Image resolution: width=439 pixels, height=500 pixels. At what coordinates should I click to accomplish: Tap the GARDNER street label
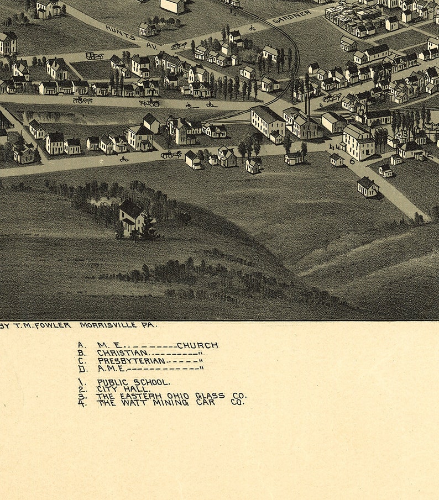(292, 17)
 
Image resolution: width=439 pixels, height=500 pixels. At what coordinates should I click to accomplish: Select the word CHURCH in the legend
(197, 346)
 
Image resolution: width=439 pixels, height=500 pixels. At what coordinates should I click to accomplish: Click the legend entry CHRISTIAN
(122, 353)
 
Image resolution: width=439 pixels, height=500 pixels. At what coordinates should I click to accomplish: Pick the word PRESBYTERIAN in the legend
(131, 361)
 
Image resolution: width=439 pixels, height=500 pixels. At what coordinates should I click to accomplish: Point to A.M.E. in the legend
(111, 369)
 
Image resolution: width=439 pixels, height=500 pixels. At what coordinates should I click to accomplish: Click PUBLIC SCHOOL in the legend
(133, 382)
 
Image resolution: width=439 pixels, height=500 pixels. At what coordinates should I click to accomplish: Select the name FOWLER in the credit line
(54, 325)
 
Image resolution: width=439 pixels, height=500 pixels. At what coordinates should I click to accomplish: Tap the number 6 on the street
(351, 161)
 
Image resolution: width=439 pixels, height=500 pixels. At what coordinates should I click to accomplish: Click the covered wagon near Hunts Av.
(94, 55)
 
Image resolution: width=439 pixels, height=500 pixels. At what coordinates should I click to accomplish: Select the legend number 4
(82, 403)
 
